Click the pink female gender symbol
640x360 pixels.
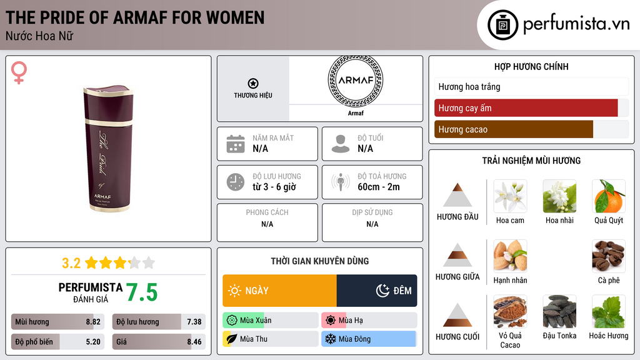[19, 73]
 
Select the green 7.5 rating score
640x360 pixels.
[142, 292]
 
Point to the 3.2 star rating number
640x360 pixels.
[71, 262]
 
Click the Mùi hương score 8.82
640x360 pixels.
[93, 322]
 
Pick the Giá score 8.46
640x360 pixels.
[194, 342]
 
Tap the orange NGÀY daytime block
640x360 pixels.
[279, 291]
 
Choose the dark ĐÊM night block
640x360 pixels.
[377, 291]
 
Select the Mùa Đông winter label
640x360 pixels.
[354, 339]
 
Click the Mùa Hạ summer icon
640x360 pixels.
[331, 321]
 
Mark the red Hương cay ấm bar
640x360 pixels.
[526, 108]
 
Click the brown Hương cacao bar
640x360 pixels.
[513, 129]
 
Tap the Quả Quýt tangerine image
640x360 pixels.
[609, 196]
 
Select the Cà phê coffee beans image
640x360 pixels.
[609, 256]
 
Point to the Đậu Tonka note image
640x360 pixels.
[559, 311]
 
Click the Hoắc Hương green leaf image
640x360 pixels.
[609, 311]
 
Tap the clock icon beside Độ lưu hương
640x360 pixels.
[236, 182]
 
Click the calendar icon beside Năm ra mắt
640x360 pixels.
[236, 144]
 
